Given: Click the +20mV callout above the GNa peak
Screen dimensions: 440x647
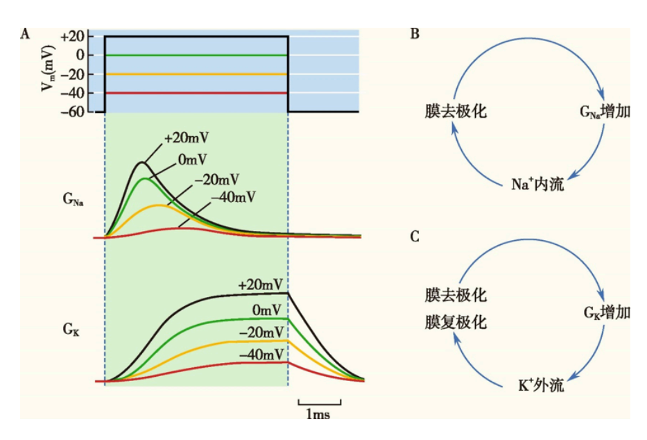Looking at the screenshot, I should [x=187, y=138].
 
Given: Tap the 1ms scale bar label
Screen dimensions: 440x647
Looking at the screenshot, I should [x=319, y=414].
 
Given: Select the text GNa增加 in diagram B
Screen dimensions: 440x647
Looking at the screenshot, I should [x=604, y=111].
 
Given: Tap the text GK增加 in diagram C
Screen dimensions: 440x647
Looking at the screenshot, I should [x=606, y=313].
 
